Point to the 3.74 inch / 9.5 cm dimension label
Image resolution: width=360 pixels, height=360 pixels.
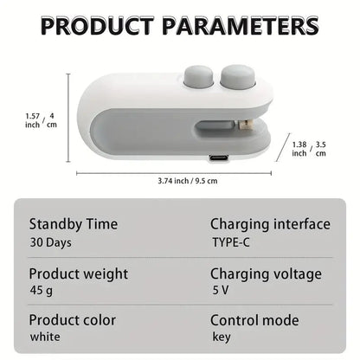[187, 181]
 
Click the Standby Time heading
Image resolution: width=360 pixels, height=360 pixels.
[74, 224]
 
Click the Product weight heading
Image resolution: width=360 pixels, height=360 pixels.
[79, 273]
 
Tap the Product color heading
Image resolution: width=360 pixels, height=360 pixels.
[74, 319]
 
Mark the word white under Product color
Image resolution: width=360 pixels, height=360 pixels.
[45, 337]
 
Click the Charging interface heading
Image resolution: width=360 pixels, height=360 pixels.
[270, 224]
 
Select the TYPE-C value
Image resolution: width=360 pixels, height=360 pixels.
[231, 243]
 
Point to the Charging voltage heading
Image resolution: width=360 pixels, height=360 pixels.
[266, 273]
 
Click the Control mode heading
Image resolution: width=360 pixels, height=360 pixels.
[255, 319]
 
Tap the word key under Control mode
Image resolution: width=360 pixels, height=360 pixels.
[222, 337]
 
